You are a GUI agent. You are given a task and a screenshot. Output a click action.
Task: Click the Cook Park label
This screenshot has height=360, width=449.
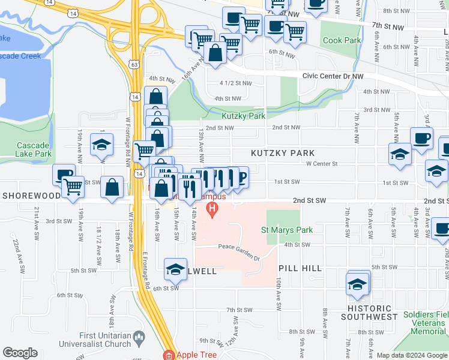coord(342,41)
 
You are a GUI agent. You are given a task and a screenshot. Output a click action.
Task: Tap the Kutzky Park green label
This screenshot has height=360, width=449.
coord(244,116)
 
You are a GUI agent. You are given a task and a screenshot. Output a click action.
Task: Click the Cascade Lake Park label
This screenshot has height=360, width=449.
coord(34,149)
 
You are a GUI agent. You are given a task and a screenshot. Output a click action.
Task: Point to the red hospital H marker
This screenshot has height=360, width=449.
coord(211,209)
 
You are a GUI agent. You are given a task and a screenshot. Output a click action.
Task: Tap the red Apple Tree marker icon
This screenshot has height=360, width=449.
coord(170,355)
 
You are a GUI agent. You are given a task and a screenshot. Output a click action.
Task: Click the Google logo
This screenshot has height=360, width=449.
coord(20,353)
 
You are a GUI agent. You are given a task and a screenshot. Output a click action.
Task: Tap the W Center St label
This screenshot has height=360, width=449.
coord(322,163)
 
